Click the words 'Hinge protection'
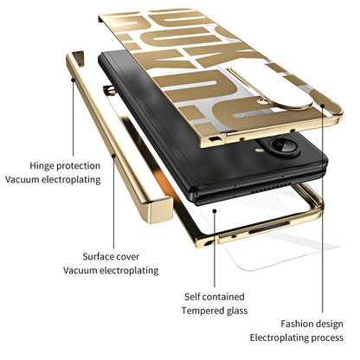pyautogui.click(x=65, y=166)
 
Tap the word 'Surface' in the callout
pyautogui.click(x=97, y=256)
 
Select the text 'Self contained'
pyautogui.click(x=215, y=297)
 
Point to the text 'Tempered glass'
pyautogui.click(x=215, y=311)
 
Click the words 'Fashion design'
pyautogui.click(x=312, y=324)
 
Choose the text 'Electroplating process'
pyautogui.click(x=297, y=337)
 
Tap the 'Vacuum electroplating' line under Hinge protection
pyautogui.click(x=53, y=179)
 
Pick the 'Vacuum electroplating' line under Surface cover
pyautogui.click(x=111, y=271)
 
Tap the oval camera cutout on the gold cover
pyautogui.click(x=271, y=86)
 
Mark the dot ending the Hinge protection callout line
pyautogui.click(x=73, y=80)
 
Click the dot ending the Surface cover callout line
pyautogui.click(x=113, y=156)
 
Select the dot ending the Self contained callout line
pyautogui.click(x=215, y=211)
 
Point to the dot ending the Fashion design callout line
pyautogui.click(x=323, y=106)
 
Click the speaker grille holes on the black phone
pyautogui.click(x=270, y=188)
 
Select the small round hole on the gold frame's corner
pyautogui.click(x=208, y=243)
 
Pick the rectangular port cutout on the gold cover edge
pyautogui.click(x=214, y=139)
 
